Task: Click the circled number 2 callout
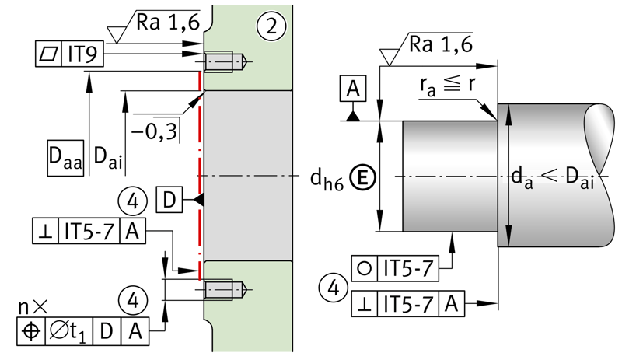[x=271, y=26]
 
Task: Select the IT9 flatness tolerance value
[x=82, y=54]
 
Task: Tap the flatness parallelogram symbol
[x=48, y=54]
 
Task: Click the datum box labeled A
[x=353, y=88]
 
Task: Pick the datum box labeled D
[x=169, y=200]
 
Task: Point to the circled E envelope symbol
[x=362, y=177]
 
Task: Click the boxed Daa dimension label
[x=65, y=158]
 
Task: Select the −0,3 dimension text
[x=154, y=131]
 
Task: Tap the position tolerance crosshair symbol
[x=31, y=331]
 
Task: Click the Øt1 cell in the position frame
[x=69, y=331]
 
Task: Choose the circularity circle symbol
[x=364, y=269]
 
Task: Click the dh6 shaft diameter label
[x=327, y=180]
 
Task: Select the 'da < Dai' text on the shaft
[x=553, y=177]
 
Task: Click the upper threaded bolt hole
[x=225, y=61]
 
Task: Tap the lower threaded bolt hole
[x=225, y=289]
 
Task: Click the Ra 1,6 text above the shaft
[x=440, y=44]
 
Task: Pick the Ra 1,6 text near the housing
[x=168, y=22]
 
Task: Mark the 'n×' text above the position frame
[x=33, y=306]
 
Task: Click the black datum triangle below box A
[x=353, y=117]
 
